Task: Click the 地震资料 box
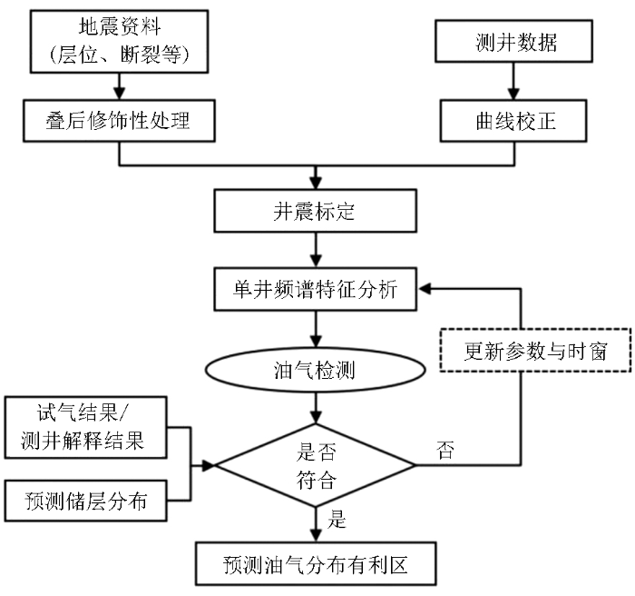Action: coord(119,42)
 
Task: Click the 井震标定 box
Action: coord(315,212)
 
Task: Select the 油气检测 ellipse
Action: coord(315,372)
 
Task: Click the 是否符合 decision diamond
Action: coord(316,465)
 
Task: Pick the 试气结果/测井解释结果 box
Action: coord(86,430)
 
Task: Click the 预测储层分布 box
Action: coord(86,500)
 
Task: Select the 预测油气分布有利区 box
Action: coord(315,564)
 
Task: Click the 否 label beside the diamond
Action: coord(445,451)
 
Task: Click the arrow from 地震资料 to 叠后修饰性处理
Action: coord(119,85)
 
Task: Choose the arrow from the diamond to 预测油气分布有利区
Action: coord(315,525)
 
